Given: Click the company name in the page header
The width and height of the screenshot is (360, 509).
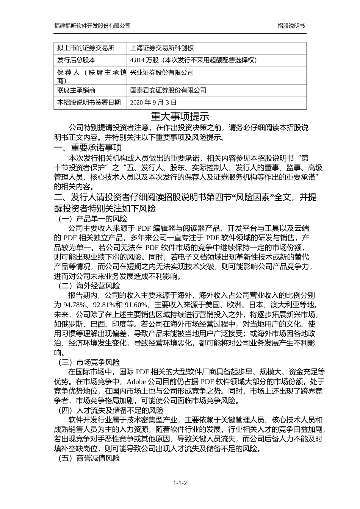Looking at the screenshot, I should pyautogui.click(x=92, y=26).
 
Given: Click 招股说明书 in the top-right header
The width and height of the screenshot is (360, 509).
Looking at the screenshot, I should pyautogui.click(x=291, y=26).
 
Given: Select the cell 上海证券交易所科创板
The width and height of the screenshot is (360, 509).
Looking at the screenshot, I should pyautogui.click(x=162, y=48).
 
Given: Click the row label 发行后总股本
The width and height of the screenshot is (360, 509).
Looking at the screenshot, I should pyautogui.click(x=76, y=60).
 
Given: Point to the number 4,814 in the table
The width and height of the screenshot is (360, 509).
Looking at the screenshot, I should pyautogui.click(x=138, y=60).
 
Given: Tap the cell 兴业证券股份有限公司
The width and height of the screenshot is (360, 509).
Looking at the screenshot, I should pyautogui.click(x=162, y=73).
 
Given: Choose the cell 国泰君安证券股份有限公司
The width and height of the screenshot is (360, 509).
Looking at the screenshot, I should pyautogui.click(x=168, y=91).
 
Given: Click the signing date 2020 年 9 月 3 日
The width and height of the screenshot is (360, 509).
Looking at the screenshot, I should pyautogui.click(x=153, y=103).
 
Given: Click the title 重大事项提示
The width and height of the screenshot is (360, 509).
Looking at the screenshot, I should pyautogui.click(x=180, y=116).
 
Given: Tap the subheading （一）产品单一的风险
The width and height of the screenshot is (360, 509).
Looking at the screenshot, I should pyautogui.click(x=92, y=219).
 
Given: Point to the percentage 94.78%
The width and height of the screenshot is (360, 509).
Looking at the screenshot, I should pyautogui.click(x=74, y=305).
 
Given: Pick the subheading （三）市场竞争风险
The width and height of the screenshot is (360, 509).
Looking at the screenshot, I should pyautogui.click(x=88, y=362).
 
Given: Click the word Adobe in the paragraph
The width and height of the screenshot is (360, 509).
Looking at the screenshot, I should pyautogui.click(x=136, y=381).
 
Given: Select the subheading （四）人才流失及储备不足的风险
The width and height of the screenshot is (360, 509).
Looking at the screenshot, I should pyautogui.click(x=110, y=411).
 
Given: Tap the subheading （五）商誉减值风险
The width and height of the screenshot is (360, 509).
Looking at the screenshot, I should pyautogui.click(x=88, y=458).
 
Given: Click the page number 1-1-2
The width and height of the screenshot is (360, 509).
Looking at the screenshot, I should pyautogui.click(x=180, y=483).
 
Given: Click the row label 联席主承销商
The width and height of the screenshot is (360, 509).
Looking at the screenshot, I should pyautogui.click(x=76, y=91).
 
